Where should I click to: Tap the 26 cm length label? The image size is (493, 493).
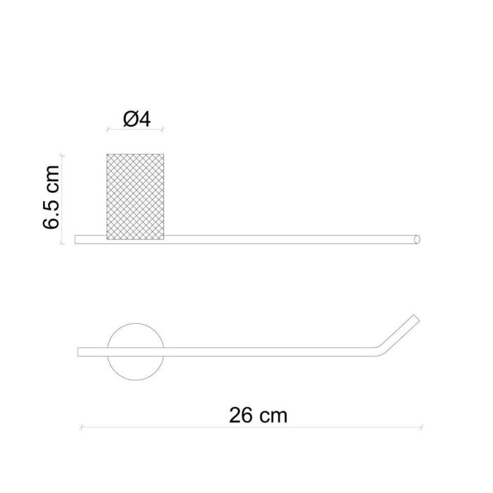point(258,415)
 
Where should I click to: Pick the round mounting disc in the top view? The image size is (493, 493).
point(135,351)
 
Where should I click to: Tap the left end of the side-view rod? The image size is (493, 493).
point(77,239)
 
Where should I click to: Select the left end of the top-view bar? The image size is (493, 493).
point(78,351)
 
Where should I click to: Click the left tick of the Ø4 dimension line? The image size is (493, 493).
point(107,130)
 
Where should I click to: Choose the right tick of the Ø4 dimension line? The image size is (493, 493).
point(164,130)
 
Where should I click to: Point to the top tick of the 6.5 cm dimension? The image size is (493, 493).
point(63,154)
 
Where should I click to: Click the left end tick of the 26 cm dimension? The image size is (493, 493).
point(81,427)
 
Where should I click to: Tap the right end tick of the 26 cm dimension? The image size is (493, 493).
point(422,427)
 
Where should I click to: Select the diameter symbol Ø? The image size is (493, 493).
point(130,120)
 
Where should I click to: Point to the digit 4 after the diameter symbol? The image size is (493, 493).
point(145,120)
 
